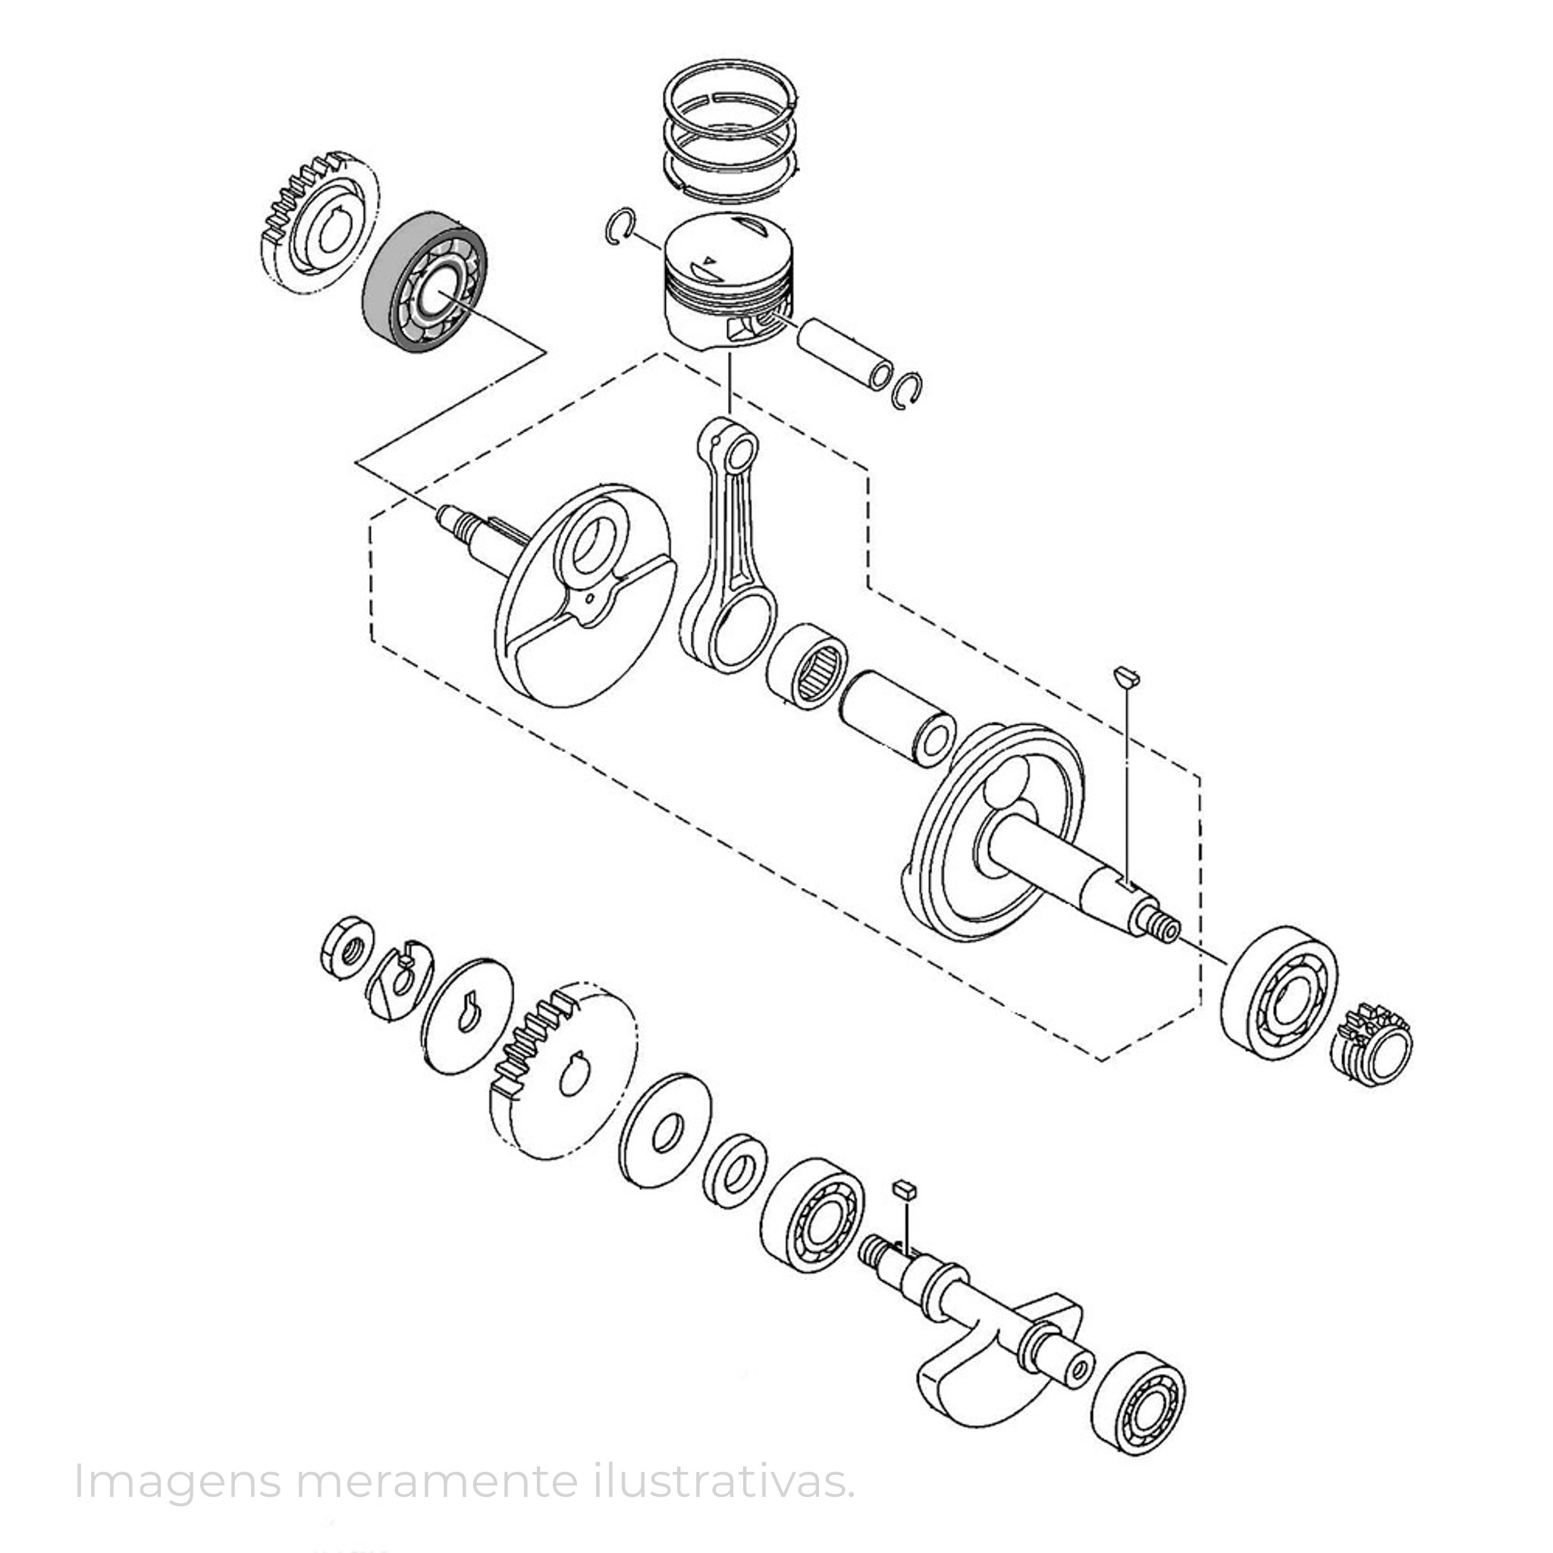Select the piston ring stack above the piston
pos(731,130)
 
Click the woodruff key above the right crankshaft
pos(1127,677)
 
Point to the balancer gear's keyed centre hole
pos(576,1074)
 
